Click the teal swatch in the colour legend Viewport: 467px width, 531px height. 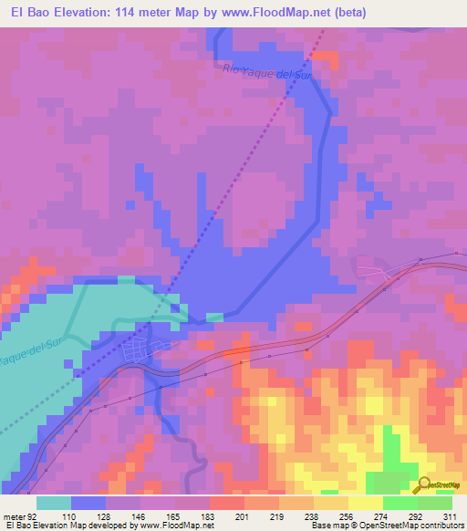[x=54, y=503]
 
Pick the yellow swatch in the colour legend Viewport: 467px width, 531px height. [x=365, y=503]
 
